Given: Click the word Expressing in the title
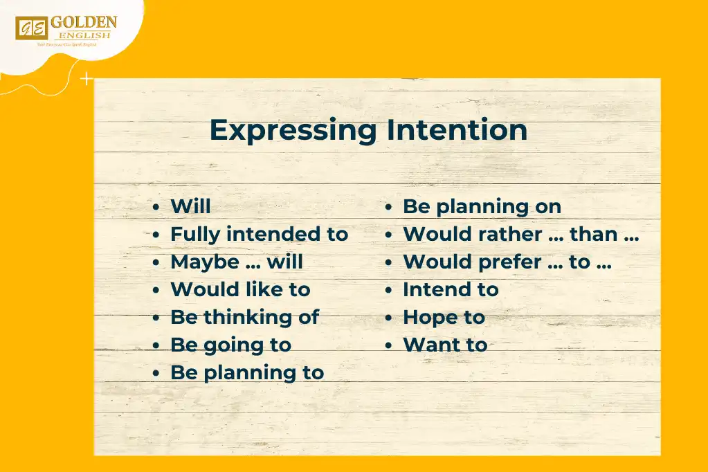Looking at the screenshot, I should [293, 130].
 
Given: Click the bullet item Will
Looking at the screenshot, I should [190, 206].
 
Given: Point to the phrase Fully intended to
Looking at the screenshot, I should [259, 234].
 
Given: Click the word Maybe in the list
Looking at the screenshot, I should [204, 262].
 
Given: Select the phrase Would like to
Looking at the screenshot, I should [240, 289].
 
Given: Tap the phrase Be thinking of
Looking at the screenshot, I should [244, 317].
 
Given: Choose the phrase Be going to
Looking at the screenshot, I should [230, 345].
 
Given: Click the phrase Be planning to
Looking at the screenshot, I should [247, 372].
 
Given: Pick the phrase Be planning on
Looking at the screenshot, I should [482, 206].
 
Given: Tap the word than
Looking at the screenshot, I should [593, 234].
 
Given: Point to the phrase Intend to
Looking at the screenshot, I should [451, 289].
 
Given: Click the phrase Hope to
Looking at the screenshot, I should [444, 317].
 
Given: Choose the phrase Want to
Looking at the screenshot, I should [445, 345].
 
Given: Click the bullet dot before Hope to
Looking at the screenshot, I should [390, 318].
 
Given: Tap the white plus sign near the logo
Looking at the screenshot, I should [87, 80].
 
